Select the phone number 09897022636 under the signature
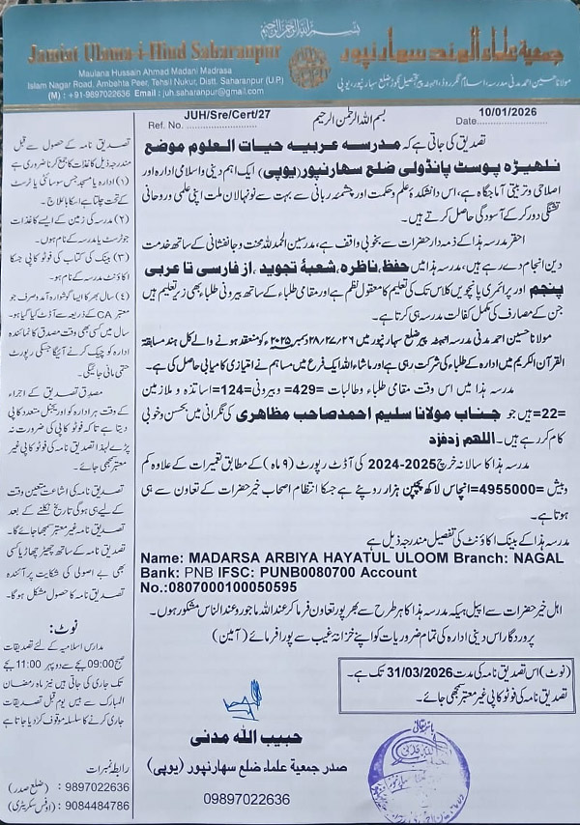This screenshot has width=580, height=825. tap(247, 799)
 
